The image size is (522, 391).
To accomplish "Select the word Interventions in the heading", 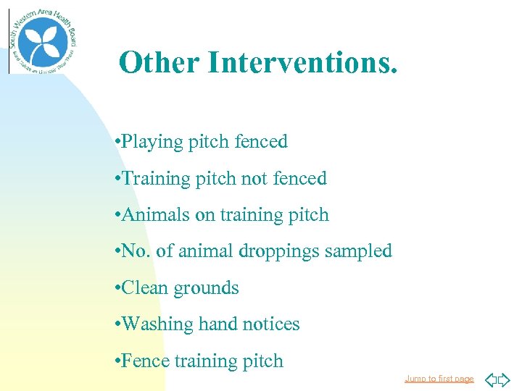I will [302, 63].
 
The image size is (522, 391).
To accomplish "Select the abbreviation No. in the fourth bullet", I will [136, 251].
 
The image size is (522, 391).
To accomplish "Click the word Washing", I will [157, 324].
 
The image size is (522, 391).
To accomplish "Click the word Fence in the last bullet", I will [144, 361].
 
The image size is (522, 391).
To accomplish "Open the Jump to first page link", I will [439, 379].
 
